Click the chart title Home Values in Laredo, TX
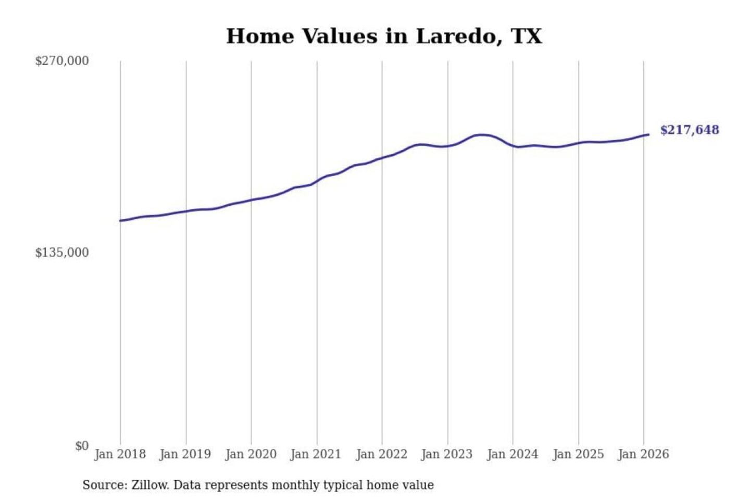pos(384,36)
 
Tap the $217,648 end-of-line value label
pos(689,130)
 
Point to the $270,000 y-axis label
pos(62,61)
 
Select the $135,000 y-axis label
pos(62,253)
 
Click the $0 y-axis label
pos(82,446)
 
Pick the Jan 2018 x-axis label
pos(120,454)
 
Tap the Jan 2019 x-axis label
pos(185,454)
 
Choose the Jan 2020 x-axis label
pos(251,454)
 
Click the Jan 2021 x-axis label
pos(316,454)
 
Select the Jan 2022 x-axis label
pos(381,454)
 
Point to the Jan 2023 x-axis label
pos(446,454)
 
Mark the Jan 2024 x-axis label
pos(512,454)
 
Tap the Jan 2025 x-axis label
pos(578,454)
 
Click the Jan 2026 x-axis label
pos(643,454)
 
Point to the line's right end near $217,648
pos(648,135)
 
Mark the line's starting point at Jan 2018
pos(120,221)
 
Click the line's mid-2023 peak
pos(482,135)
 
